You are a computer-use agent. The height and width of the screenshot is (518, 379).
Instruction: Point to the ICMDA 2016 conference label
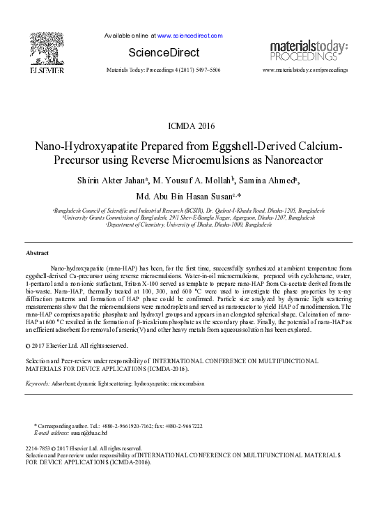[x=192, y=126]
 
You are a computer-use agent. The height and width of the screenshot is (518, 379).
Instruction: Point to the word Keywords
[x=37, y=383]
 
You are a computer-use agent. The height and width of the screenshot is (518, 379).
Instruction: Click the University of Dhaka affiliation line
[x=189, y=224]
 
